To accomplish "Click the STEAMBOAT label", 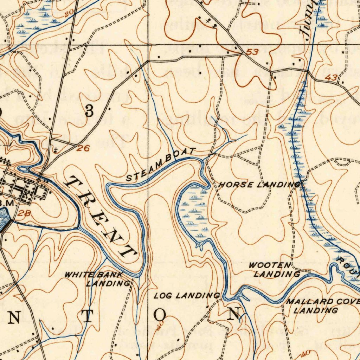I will (x=160, y=165).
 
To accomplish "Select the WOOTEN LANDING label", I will (x=274, y=270).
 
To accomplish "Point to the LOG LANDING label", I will (x=187, y=296).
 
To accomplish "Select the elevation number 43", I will (x=331, y=78).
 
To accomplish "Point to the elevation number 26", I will (x=83, y=148).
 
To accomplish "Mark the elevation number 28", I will (x=24, y=213).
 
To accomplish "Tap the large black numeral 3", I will (x=90, y=111).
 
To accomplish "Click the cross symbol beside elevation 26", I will (x=55, y=150).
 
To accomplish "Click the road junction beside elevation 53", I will (x=243, y=54).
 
